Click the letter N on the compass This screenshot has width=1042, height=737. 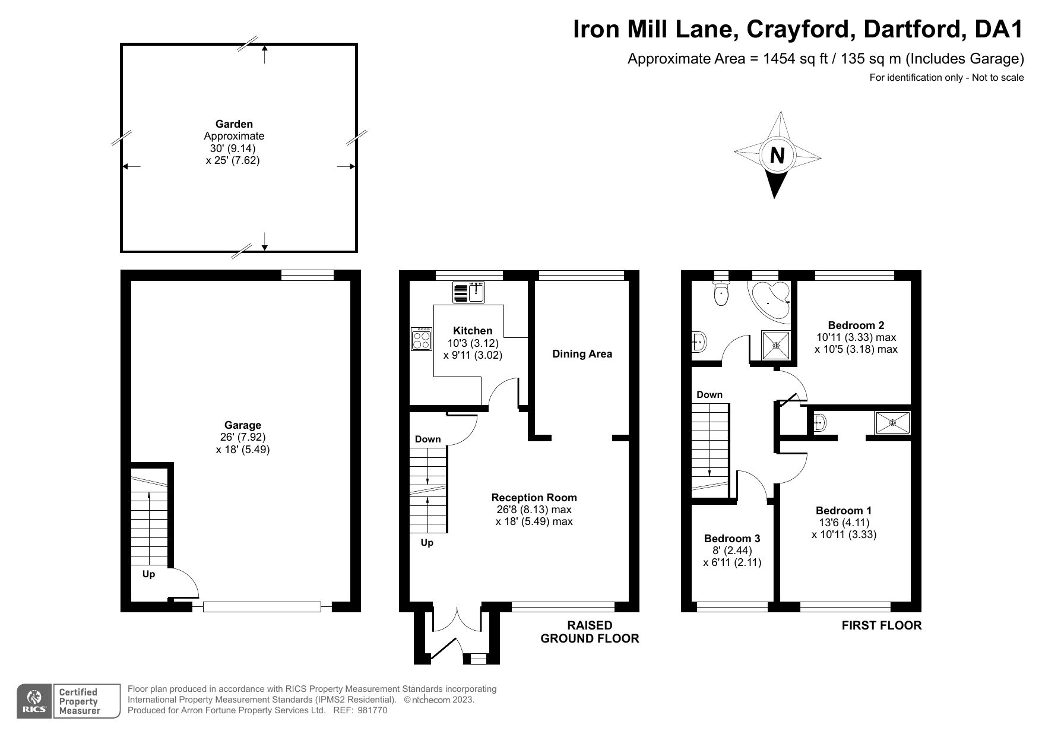point(777,156)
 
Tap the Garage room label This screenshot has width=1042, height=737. point(242,425)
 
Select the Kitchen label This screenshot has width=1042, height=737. point(473,331)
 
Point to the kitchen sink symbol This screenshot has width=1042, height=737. point(470,292)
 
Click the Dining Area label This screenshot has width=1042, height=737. point(582,354)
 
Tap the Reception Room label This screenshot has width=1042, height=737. point(534,498)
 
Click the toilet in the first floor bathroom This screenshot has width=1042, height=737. point(721,294)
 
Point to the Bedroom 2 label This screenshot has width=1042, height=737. point(856,325)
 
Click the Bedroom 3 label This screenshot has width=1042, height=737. point(731,539)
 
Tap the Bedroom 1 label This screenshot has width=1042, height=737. point(843,511)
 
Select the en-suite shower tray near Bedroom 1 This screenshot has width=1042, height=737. point(892,422)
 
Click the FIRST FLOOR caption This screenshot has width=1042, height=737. point(881,625)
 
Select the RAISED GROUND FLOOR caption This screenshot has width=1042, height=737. point(589,632)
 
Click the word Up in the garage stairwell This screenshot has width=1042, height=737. point(148,574)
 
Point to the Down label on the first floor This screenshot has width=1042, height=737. point(709,395)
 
